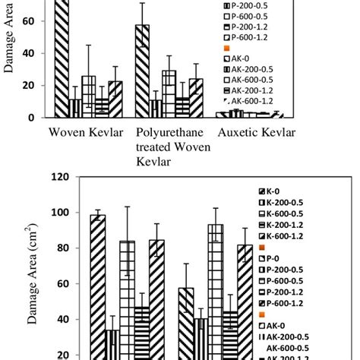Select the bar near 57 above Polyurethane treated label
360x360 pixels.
coord(142,71)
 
